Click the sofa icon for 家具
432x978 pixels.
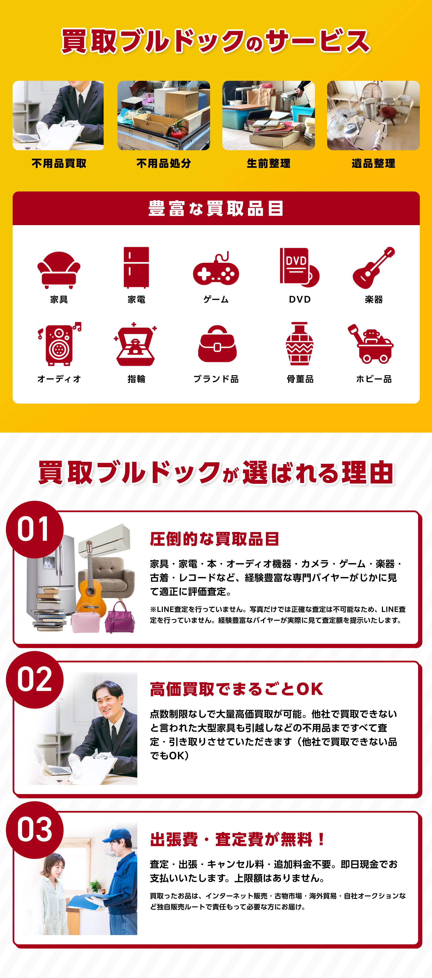click(x=59, y=270)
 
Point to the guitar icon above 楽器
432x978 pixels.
click(x=373, y=268)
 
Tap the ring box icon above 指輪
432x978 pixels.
click(x=135, y=344)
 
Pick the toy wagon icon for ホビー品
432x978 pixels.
click(x=371, y=344)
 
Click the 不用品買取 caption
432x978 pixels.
click(x=59, y=164)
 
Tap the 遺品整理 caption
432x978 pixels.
click(x=373, y=164)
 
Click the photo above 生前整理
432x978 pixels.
click(x=269, y=116)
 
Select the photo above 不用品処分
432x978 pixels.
click(x=164, y=116)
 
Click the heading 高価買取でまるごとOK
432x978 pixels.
click(x=236, y=689)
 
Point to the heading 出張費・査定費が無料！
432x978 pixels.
click(x=237, y=839)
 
